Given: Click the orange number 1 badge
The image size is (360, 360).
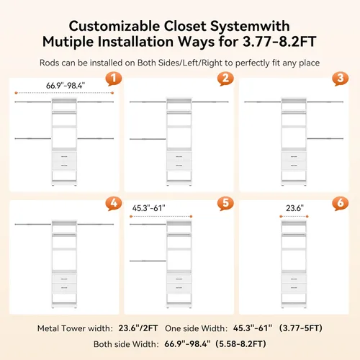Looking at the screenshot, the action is pos(114,78).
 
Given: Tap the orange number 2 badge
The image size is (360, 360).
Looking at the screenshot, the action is pos(225,78).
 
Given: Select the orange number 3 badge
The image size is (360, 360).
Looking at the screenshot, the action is pos(341,78).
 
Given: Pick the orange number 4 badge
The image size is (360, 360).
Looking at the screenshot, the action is pos(114,203).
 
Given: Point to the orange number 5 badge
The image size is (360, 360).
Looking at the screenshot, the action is pos(225,203).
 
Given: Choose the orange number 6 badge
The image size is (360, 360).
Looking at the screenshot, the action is pos(341,203).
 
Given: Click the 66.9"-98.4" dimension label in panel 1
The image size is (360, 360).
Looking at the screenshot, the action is pos(66,86).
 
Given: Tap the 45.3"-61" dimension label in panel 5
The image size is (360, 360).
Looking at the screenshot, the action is pos(149,208).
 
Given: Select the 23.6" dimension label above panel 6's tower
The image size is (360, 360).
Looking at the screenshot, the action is pos(294,208).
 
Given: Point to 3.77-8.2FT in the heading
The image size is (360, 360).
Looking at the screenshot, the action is pos(279,42).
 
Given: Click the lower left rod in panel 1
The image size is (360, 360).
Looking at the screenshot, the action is pos(33,138).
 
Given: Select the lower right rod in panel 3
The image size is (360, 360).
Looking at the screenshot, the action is pos(325,138).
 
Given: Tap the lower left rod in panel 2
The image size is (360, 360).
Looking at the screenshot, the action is pos(148,139).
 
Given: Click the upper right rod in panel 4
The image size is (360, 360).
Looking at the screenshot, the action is pos(96,225).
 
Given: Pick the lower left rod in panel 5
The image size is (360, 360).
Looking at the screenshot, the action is pos(148,261).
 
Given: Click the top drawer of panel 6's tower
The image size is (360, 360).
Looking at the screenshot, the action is pos(294,279).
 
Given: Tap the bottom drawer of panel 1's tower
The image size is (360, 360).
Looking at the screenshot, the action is pos(64,166).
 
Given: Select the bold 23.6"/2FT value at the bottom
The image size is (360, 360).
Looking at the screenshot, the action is pos(138,328).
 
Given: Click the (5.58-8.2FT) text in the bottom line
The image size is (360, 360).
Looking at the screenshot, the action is pos(240,344).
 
